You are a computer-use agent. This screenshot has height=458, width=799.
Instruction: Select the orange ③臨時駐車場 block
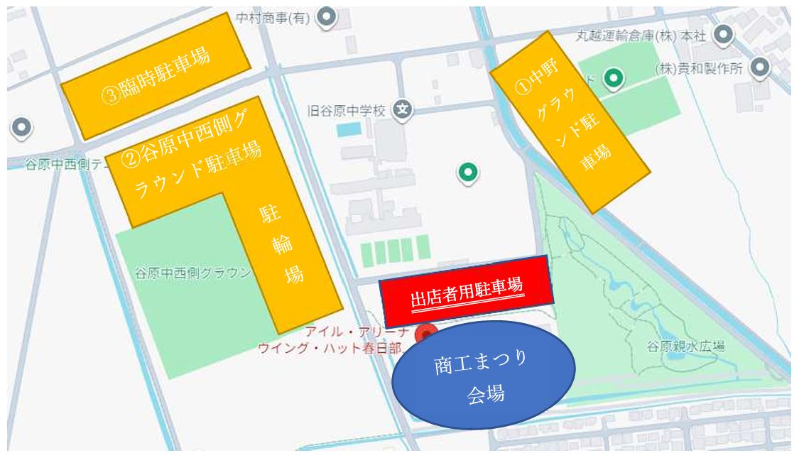pos(156,77)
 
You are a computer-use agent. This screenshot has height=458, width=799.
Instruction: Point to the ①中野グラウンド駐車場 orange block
pos(570,121)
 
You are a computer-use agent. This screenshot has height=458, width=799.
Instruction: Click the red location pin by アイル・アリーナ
pos(425,332)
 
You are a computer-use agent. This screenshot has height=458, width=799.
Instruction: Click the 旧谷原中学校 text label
pos(345,111)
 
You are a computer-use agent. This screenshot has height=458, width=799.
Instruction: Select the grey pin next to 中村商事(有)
pos(326,16)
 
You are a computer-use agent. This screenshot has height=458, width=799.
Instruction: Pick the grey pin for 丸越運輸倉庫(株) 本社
pos(723,33)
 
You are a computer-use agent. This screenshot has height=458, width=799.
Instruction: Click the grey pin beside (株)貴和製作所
pos(760,67)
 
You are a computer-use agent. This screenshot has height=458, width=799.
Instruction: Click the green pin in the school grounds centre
pos(467,171)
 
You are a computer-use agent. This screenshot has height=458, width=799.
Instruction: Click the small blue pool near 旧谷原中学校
pos(348,130)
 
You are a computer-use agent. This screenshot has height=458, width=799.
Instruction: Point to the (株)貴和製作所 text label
pos(697,68)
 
